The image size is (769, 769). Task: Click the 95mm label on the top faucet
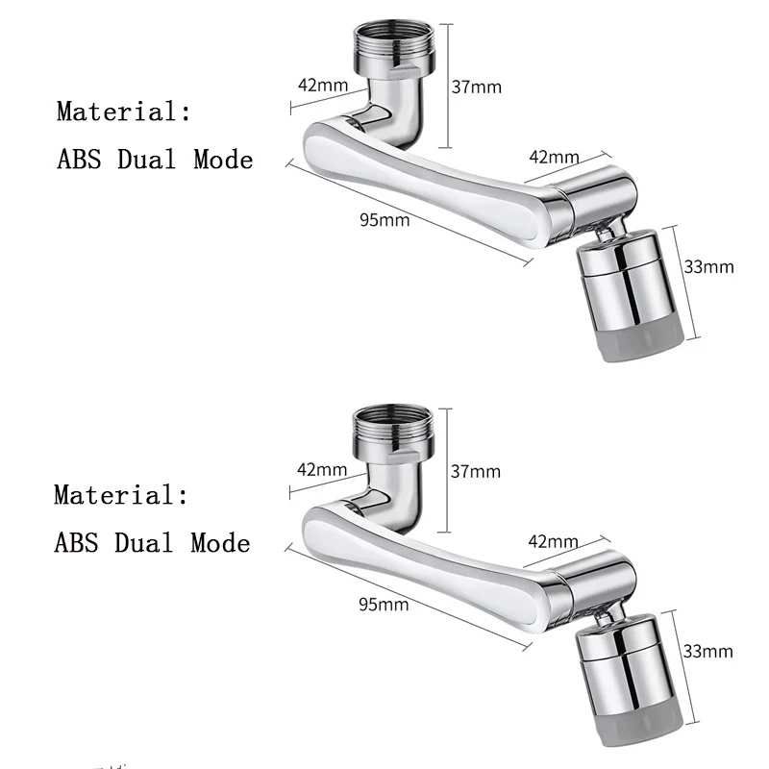pyautogui.click(x=384, y=220)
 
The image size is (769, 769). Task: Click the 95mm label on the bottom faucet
pyautogui.click(x=384, y=605)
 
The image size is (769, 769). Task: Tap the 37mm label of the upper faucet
pyautogui.click(x=477, y=87)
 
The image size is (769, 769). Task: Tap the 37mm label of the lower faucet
pyautogui.click(x=476, y=471)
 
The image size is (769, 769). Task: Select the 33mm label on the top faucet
pyautogui.click(x=708, y=266)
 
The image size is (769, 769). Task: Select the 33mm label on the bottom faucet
pyautogui.click(x=707, y=651)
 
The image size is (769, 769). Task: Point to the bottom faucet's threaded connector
pyautogui.click(x=395, y=428)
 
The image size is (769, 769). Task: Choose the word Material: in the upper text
pyautogui.click(x=124, y=112)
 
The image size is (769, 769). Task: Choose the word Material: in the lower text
pyautogui.click(x=121, y=496)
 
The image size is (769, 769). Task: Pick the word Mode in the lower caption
pyautogui.click(x=220, y=543)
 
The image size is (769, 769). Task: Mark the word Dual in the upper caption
pyautogui.click(x=149, y=160)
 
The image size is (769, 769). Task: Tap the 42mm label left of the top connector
pyautogui.click(x=323, y=85)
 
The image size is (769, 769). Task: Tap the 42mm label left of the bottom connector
pyautogui.click(x=322, y=470)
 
